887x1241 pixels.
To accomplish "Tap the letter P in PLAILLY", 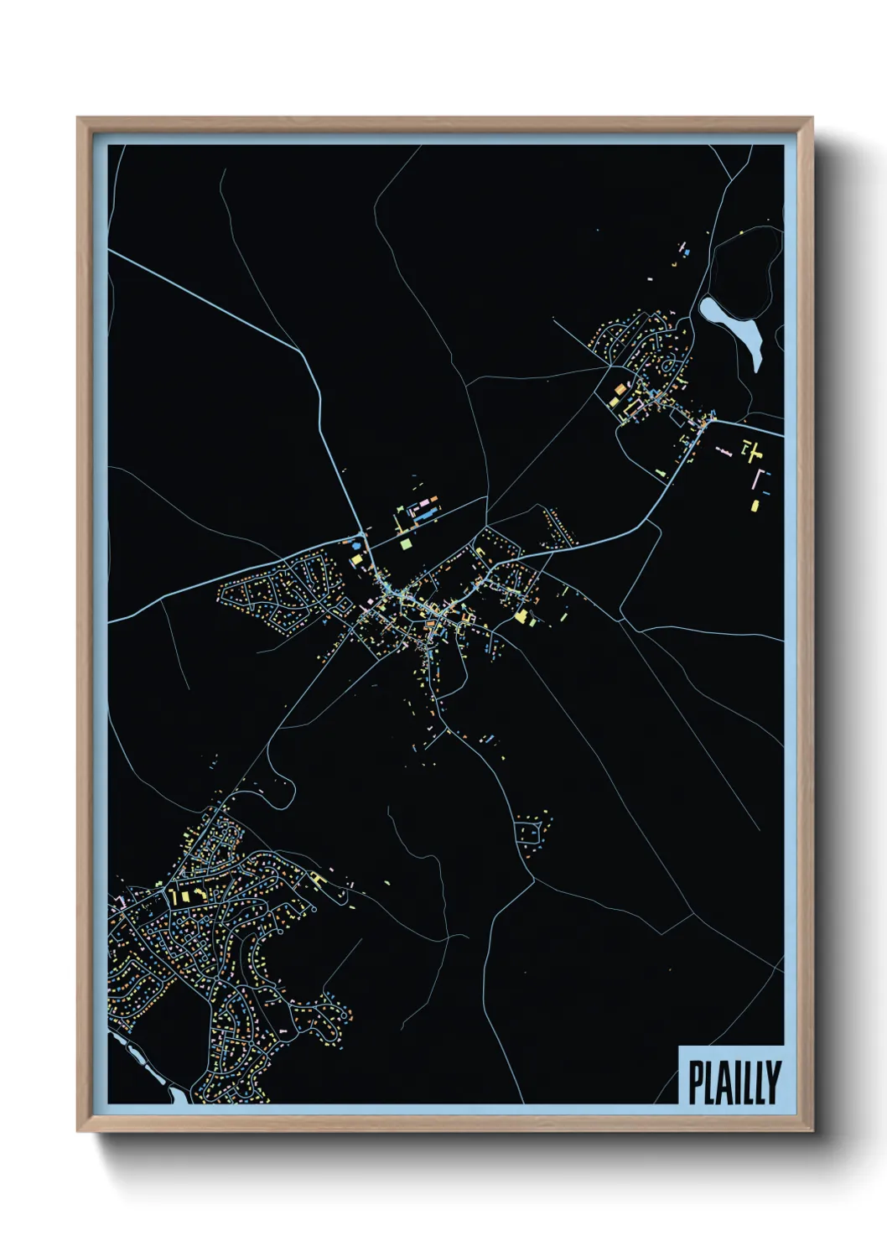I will [x=695, y=1083].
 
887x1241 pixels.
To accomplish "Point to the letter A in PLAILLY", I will [x=720, y=1083].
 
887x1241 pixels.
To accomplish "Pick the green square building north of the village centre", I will [x=407, y=543].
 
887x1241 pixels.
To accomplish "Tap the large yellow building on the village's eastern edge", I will [x=521, y=616].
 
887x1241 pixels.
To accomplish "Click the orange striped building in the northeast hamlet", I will [x=621, y=390].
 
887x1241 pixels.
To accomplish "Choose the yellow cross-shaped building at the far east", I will [x=752, y=452].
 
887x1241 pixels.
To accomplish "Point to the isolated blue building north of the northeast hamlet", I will [x=687, y=251].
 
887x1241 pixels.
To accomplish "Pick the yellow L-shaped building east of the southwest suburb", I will [x=318, y=878].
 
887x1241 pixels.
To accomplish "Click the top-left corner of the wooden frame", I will [x=79, y=119].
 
